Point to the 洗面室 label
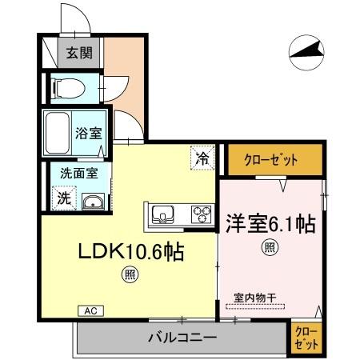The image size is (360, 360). click(77, 173)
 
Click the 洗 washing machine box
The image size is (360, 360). click(62, 197)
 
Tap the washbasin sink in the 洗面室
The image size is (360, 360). click(92, 201)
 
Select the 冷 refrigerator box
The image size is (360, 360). click(202, 158)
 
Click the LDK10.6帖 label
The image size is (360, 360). click(130, 253)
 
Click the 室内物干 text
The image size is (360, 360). click(255, 298)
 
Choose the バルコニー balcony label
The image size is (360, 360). click(182, 338)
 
